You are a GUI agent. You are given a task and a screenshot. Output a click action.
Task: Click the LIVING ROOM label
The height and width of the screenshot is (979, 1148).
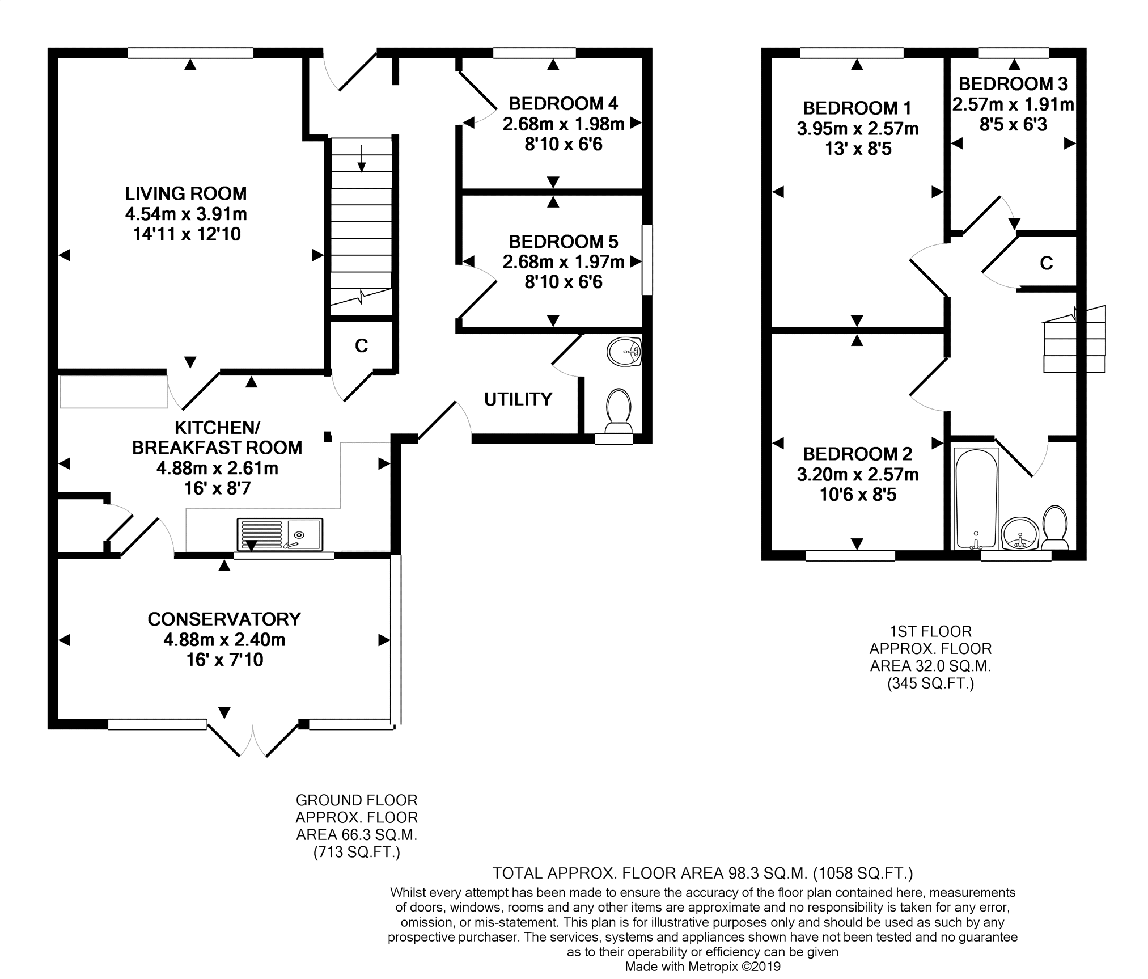(186, 193)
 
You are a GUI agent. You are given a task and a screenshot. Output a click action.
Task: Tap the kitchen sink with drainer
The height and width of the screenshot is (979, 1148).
(280, 534)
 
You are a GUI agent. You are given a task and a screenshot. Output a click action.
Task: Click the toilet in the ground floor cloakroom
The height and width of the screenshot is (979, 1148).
(619, 411)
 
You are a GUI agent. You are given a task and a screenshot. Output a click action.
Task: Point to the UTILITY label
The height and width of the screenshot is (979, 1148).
(518, 399)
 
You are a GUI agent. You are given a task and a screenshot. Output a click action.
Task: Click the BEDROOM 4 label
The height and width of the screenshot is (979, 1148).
(564, 104)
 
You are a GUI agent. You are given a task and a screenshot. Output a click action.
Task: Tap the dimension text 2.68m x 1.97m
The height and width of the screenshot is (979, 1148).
(564, 261)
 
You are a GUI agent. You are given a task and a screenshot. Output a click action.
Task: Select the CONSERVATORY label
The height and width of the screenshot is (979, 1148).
(224, 619)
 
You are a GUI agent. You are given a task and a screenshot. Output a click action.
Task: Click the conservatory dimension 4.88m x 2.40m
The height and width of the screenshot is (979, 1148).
(224, 640)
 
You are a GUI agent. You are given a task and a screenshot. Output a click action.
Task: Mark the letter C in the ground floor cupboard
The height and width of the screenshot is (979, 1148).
(361, 345)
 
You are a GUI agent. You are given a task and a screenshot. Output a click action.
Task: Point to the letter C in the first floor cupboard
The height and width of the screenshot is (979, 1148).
(1047, 263)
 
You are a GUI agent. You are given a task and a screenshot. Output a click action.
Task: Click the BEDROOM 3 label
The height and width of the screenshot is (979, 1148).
(1013, 84)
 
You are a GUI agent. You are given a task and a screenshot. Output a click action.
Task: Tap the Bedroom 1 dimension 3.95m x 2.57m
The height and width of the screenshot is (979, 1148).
(858, 129)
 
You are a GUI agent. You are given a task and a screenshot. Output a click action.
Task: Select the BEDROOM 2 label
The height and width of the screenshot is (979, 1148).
(858, 454)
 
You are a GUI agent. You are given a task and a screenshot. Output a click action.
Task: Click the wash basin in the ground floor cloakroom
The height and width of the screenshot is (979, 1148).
(624, 352)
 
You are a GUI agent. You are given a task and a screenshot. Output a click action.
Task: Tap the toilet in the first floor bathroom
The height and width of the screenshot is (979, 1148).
(1054, 528)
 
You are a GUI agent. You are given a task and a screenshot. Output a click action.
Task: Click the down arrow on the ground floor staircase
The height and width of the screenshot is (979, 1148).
(362, 158)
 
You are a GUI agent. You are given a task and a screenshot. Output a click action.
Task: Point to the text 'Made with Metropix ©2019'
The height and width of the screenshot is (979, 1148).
(702, 967)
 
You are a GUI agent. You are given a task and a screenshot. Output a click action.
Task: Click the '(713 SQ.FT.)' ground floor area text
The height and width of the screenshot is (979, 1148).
(357, 852)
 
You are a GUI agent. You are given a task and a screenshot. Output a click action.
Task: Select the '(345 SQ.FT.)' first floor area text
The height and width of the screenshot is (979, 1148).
(931, 683)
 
